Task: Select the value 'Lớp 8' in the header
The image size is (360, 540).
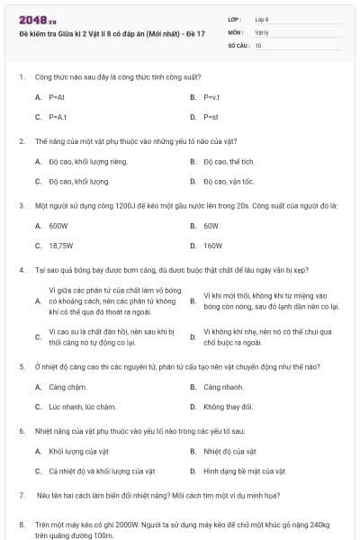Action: click(262, 19)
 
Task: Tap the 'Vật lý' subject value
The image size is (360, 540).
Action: click(262, 31)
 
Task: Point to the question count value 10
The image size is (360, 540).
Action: click(258, 44)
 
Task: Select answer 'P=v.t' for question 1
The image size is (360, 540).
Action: click(211, 96)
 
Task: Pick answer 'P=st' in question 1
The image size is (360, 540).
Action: click(211, 117)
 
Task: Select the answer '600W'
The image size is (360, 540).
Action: click(58, 226)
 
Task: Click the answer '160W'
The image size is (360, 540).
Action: click(212, 245)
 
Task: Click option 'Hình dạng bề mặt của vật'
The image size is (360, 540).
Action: click(244, 471)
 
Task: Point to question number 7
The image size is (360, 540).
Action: click(21, 496)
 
